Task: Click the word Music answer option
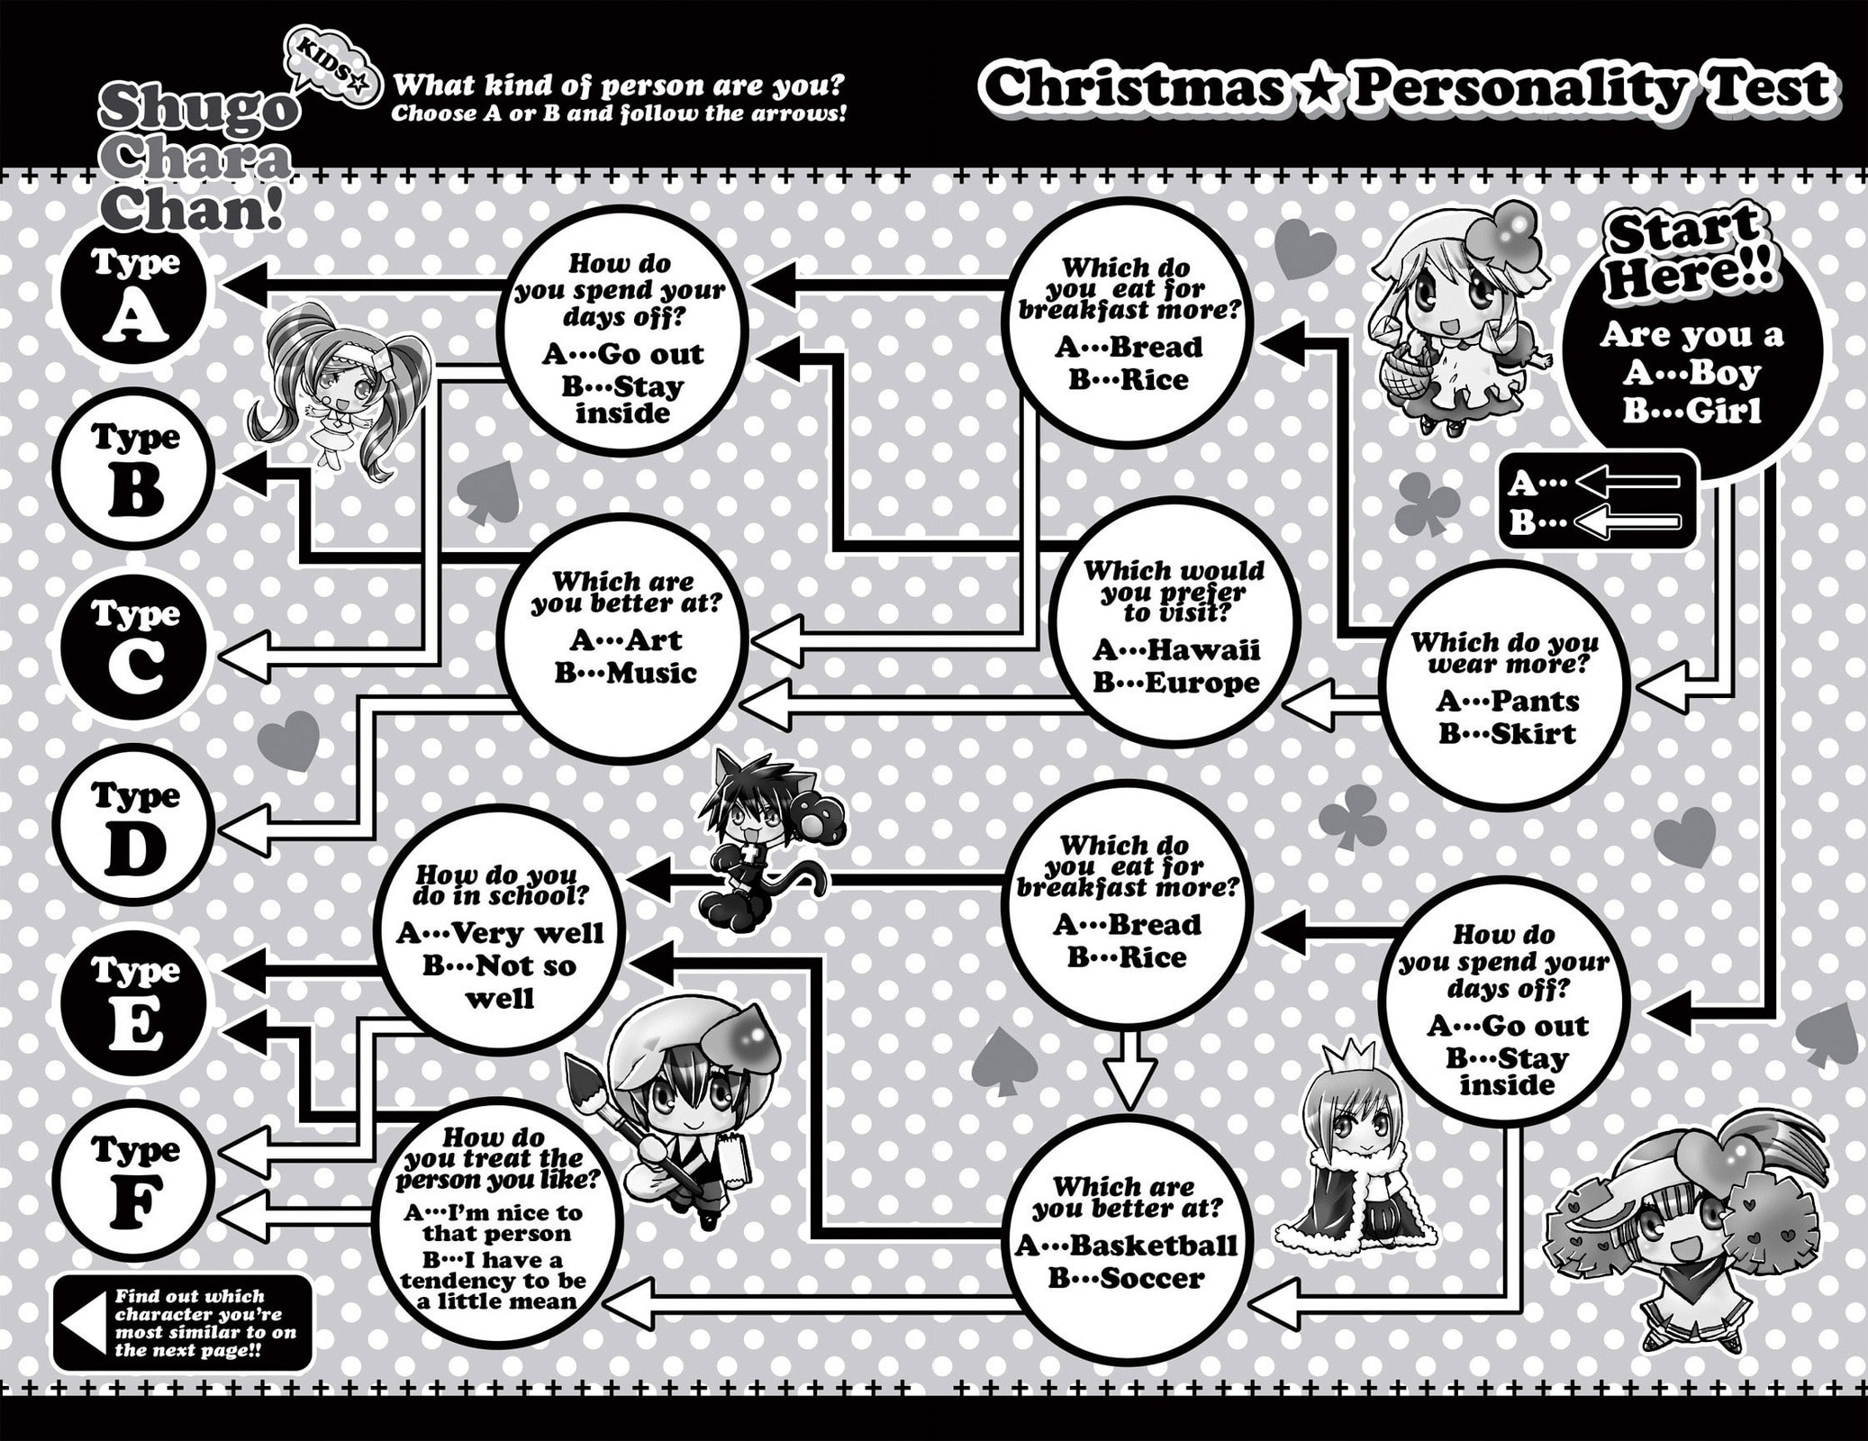click(x=650, y=674)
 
